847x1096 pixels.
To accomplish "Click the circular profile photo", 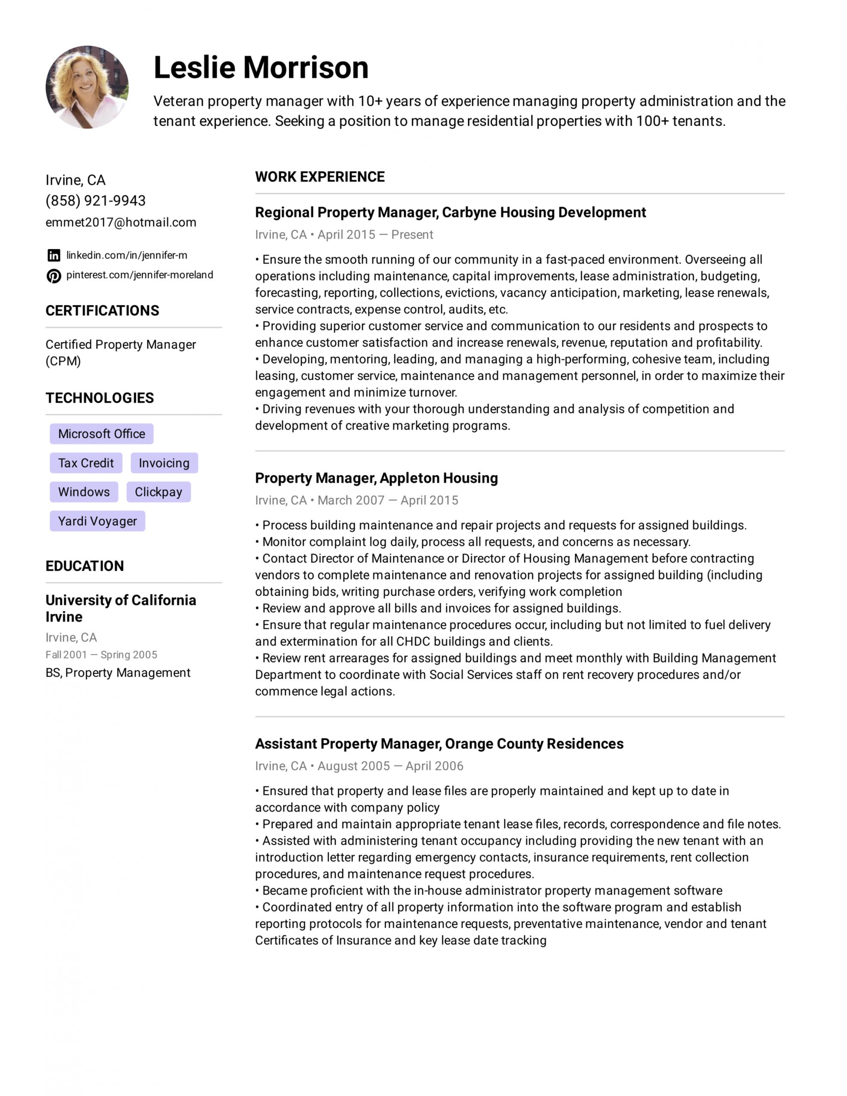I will pos(87,87).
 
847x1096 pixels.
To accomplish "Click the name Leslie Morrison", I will pos(261,67).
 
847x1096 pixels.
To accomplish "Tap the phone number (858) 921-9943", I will pos(95,201).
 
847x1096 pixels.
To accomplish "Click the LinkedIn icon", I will pos(54,256).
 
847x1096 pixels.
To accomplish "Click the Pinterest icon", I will pos(54,276).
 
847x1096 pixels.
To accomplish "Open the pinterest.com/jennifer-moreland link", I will pos(140,275).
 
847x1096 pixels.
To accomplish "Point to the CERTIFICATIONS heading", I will pos(102,311).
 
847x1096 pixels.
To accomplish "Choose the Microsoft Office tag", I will pos(101,434).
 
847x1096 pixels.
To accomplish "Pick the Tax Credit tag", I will pos(86,463).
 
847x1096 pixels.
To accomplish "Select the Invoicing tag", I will pos(164,463).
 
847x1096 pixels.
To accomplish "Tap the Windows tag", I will pos(84,492).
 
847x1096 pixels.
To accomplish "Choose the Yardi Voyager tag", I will pos(97,521).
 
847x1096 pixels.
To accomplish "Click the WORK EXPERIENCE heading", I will pos(320,177).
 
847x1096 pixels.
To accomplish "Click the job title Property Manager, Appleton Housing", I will pos(376,478).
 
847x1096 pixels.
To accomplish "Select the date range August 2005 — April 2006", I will pos(390,766).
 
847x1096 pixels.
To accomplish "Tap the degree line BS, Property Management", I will pos(118,673).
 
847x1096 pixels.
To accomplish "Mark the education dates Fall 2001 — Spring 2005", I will pos(101,654).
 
